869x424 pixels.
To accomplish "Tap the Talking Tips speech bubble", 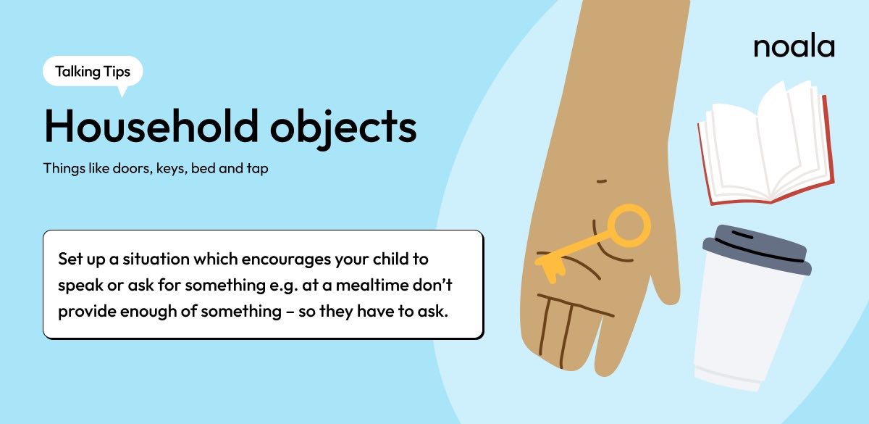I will click(93, 71).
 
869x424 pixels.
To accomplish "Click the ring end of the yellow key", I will click(627, 225).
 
